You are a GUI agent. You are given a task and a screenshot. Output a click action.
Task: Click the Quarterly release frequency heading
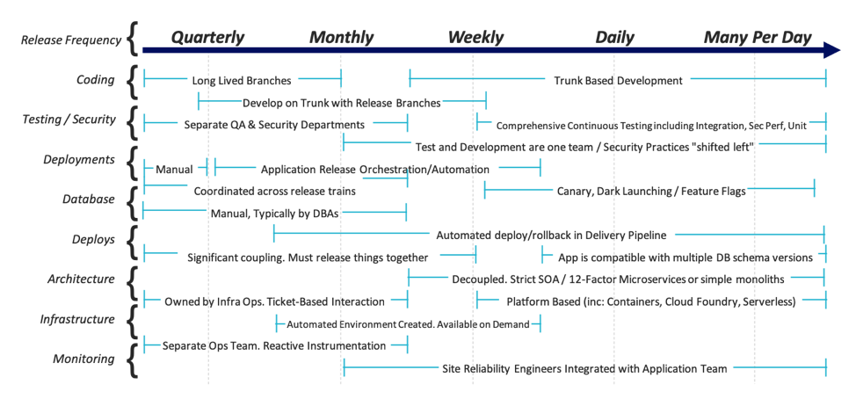pos(207,38)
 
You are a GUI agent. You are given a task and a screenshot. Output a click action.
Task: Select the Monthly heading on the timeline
pos(341,38)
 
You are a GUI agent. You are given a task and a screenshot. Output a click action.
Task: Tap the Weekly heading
pos(475,38)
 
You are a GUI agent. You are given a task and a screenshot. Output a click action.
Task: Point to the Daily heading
pos(614,38)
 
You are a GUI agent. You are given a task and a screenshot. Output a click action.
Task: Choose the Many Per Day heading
pos(758,38)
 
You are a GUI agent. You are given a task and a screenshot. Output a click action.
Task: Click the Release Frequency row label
pos(68,39)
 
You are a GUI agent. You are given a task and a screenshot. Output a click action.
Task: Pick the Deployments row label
pos(79,160)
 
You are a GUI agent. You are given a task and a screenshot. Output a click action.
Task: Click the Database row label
pos(88,199)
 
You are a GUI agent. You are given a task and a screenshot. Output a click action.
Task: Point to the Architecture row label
pos(81,279)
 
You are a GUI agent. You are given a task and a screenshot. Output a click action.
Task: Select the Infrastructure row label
pos(76,319)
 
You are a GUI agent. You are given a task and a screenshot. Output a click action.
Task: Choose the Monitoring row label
pos(83,359)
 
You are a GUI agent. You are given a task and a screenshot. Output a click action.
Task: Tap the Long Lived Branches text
pos(241,81)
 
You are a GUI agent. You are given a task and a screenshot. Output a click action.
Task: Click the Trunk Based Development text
pos(618,81)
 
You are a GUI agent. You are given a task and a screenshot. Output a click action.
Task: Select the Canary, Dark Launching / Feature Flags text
pos(651,191)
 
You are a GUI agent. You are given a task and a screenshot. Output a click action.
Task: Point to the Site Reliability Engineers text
pos(584,369)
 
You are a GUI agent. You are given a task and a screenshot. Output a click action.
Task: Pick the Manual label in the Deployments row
pos(174,169)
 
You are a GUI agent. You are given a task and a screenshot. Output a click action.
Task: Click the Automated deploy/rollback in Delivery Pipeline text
pos(551,235)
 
